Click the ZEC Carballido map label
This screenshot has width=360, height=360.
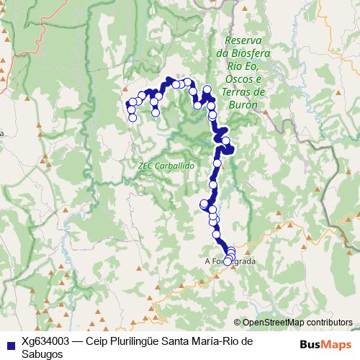click(x=166, y=165)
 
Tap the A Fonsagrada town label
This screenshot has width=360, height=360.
click(x=230, y=262)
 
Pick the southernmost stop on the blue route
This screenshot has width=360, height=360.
click(x=228, y=261)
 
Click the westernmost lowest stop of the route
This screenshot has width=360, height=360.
click(x=132, y=117)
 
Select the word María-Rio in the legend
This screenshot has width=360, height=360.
click(x=220, y=342)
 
